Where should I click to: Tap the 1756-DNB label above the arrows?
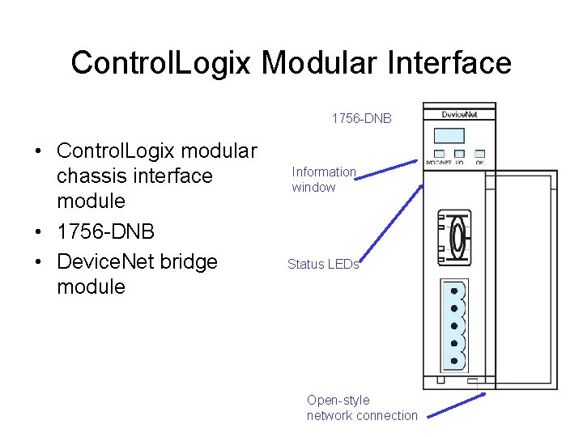(361, 119)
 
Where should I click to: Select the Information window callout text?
(323, 179)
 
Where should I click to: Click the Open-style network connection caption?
(362, 408)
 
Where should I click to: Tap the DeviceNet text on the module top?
(459, 114)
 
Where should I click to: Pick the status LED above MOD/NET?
(439, 153)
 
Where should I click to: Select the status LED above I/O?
(459, 153)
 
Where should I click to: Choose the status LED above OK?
(479, 153)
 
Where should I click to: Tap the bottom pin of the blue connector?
(454, 361)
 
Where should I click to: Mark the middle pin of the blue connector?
(454, 325)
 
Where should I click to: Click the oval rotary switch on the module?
(457, 238)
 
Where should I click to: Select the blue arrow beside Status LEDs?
(391, 226)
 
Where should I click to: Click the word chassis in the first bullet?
(96, 176)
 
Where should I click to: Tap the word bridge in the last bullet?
(183, 261)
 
